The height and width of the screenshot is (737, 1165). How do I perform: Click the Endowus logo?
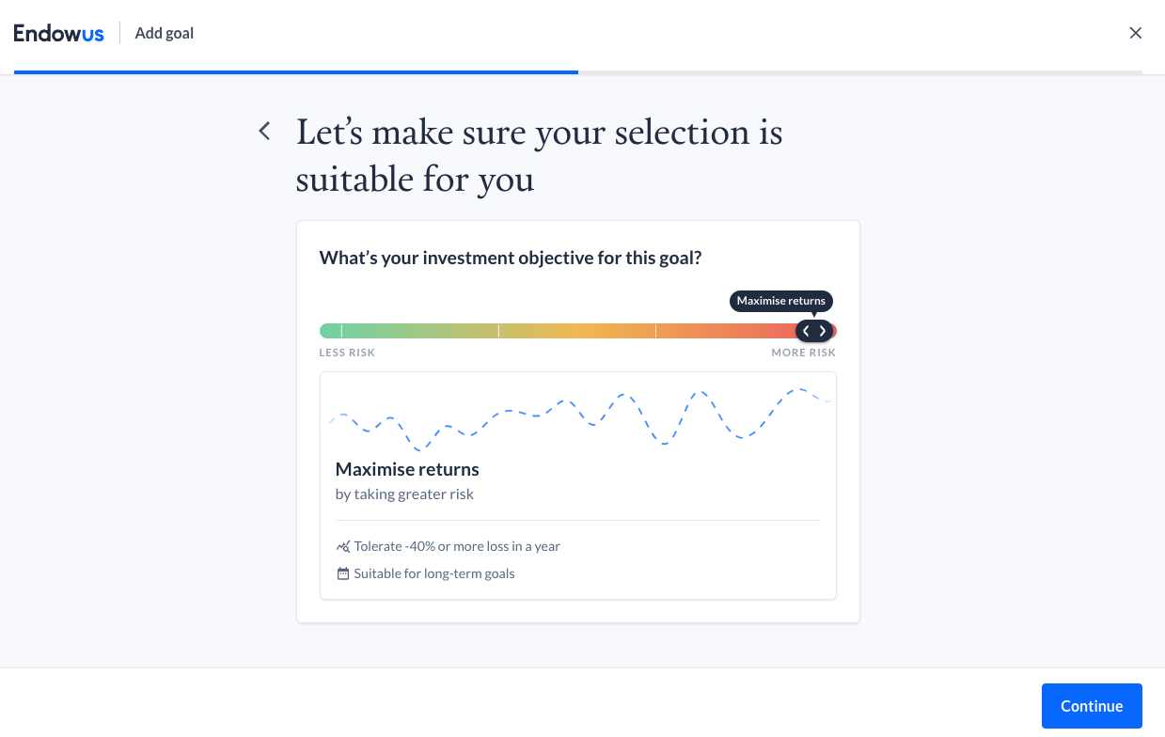(x=58, y=33)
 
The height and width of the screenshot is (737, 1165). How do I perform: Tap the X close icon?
(x=1135, y=33)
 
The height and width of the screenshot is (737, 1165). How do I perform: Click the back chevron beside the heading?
(x=265, y=131)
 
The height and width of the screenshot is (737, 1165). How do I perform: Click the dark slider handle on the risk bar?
(x=814, y=331)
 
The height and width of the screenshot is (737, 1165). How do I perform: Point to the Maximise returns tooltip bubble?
(x=780, y=301)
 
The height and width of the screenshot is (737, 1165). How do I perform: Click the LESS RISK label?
(x=347, y=353)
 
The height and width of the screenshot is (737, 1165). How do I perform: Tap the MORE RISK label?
(x=803, y=353)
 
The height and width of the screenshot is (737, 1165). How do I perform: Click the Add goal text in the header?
(x=164, y=33)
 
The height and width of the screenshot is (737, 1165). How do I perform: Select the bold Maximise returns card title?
(x=407, y=469)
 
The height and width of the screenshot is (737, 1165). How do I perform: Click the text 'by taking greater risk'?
(x=404, y=494)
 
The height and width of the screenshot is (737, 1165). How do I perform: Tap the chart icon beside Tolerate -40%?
(x=343, y=546)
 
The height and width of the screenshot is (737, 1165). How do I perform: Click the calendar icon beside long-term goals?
(x=343, y=573)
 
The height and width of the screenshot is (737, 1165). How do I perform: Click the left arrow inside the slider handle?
(x=806, y=331)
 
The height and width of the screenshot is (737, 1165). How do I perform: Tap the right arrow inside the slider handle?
(x=823, y=331)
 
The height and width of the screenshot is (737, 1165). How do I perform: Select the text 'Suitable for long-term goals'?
(x=434, y=573)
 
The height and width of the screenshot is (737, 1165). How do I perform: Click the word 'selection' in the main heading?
(x=683, y=133)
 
